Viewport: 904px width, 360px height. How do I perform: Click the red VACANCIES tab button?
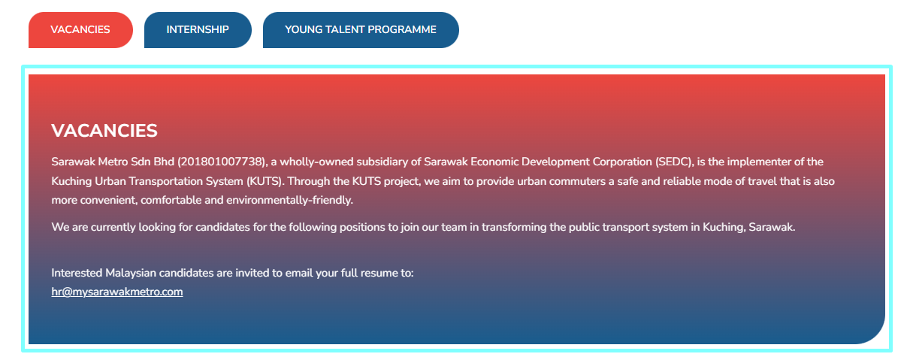tap(80, 30)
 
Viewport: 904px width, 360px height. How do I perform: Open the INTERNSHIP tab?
tap(198, 30)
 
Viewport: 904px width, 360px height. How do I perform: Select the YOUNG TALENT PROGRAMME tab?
tap(361, 30)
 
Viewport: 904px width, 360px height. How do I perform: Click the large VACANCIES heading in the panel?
tap(104, 131)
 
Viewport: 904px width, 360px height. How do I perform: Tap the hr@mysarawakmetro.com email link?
tap(117, 292)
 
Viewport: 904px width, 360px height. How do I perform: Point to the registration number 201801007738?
tap(222, 162)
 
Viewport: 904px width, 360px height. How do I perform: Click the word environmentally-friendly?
tap(289, 200)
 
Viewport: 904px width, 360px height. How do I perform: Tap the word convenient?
tap(108, 200)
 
